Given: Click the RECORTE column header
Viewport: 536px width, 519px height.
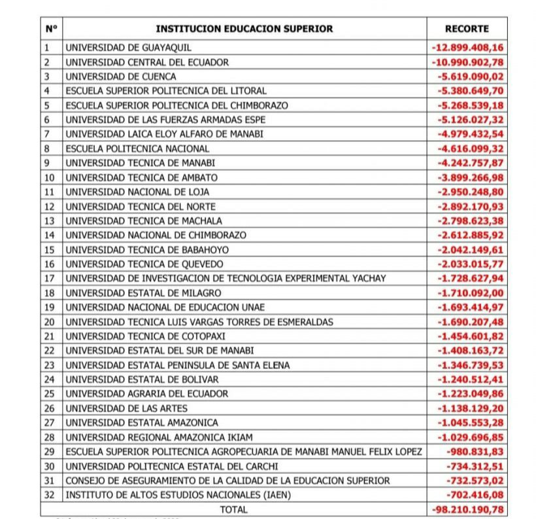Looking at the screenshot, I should click(x=467, y=29).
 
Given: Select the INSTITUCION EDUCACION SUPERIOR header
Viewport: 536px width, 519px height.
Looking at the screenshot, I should click(x=244, y=29).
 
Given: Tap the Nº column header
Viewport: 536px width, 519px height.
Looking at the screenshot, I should click(x=52, y=29).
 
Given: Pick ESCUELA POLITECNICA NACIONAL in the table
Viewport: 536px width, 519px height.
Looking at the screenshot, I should click(x=137, y=149).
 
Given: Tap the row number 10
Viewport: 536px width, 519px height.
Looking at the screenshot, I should click(x=48, y=177).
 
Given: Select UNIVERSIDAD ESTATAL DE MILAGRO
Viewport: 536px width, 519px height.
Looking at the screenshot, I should click(x=143, y=293).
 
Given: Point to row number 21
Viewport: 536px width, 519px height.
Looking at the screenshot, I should click(x=48, y=336).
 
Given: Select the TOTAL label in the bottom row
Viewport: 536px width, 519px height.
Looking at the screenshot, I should click(x=234, y=509).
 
